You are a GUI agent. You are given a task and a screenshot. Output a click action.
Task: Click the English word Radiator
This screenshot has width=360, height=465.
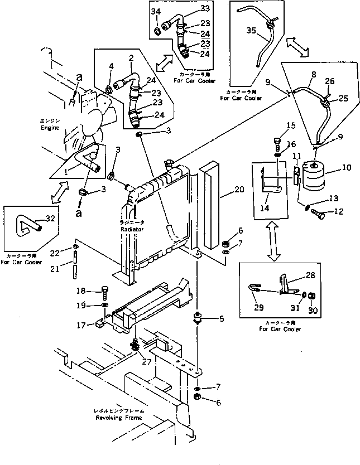pos(132,229)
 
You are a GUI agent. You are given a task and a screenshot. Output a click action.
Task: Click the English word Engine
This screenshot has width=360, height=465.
pos(49,128)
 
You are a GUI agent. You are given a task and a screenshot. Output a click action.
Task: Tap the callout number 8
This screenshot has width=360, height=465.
pos(313,74)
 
